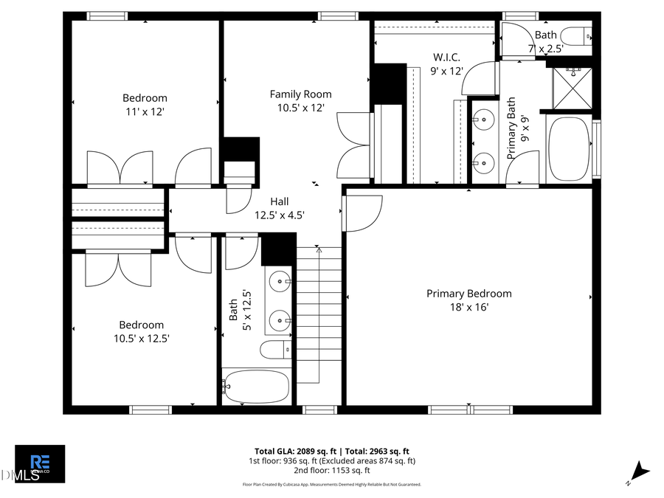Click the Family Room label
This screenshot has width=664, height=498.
tap(300, 94)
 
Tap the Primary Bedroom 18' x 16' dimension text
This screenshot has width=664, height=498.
tap(468, 308)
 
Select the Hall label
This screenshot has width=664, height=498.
tap(279, 201)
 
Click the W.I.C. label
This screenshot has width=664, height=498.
tap(446, 57)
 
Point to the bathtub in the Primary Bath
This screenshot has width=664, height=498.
tap(568, 148)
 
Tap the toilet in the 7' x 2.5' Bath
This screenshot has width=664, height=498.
tap(575, 35)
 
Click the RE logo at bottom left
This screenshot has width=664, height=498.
tap(40, 463)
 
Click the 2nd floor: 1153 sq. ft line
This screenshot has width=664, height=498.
tap(332, 470)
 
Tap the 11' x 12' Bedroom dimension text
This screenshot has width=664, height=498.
tap(145, 111)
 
